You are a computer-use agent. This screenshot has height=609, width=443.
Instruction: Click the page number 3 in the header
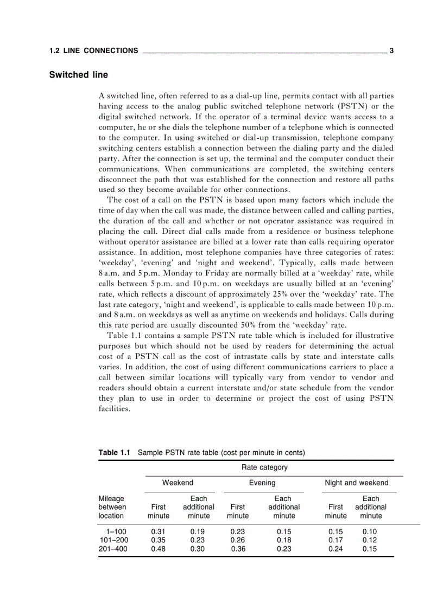(391, 51)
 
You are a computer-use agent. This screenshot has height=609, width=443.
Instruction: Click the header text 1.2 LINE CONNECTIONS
(93, 51)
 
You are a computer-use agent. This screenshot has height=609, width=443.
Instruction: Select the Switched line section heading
(78, 75)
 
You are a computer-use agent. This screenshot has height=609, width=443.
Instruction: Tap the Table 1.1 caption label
(115, 452)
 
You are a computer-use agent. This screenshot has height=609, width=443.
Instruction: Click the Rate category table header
(264, 467)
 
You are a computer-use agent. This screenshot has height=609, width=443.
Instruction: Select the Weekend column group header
(178, 483)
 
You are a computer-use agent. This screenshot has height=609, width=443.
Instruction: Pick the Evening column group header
(262, 483)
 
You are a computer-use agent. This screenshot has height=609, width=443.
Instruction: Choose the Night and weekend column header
(356, 483)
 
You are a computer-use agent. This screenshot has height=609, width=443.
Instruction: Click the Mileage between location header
(112, 507)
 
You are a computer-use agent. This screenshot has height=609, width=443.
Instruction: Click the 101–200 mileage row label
(113, 540)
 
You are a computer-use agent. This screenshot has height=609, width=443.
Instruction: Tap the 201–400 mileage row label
(113, 549)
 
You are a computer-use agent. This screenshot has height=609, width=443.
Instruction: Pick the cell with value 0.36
(238, 549)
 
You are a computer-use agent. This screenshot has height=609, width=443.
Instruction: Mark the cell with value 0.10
(370, 532)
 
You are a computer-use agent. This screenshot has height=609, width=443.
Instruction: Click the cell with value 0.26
(238, 540)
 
